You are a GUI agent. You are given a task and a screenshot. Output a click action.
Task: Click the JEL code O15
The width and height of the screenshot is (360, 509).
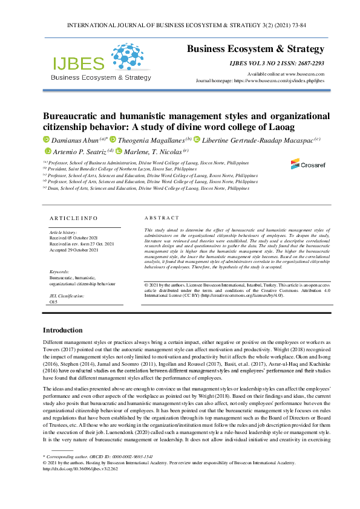click(53, 301)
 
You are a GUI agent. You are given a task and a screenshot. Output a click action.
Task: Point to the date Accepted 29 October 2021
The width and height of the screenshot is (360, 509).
click(74, 248)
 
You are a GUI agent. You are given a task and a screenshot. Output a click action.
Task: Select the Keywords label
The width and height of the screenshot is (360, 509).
click(59, 272)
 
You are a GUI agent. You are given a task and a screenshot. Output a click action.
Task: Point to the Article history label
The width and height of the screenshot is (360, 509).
click(63, 232)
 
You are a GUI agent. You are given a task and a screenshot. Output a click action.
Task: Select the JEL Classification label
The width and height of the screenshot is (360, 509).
click(67, 296)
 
